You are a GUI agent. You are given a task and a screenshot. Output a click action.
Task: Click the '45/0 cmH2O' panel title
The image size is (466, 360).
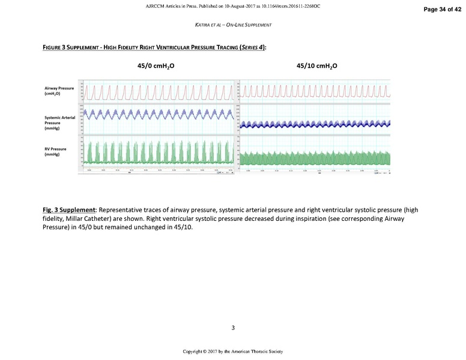click(159, 65)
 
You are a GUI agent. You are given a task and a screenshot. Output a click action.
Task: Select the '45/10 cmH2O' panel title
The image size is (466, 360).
click(317, 65)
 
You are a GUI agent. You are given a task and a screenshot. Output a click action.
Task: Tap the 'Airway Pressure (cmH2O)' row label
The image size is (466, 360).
click(59, 91)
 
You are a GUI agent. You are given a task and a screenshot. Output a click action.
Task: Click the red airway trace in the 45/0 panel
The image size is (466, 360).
click(159, 92)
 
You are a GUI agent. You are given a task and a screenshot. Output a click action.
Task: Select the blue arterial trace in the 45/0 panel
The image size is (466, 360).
click(159, 114)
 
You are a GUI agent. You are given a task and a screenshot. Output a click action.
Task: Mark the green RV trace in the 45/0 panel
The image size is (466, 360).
click(159, 153)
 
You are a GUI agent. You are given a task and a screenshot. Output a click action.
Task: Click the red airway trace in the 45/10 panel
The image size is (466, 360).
click(315, 92)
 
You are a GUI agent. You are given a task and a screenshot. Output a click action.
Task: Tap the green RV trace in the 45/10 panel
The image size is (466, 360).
click(315, 158)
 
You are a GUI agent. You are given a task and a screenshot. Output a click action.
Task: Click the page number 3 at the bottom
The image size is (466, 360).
click(232, 327)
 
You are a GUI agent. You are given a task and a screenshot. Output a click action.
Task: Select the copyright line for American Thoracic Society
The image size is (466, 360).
click(232, 351)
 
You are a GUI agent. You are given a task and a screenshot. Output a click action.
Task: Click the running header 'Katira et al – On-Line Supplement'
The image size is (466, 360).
click(232, 25)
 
